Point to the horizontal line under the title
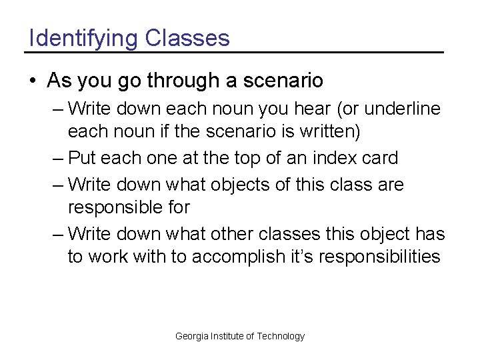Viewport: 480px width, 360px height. coord(234,52)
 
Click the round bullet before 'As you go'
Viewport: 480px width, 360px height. coord(33,81)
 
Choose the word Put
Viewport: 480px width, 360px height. coord(81,158)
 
